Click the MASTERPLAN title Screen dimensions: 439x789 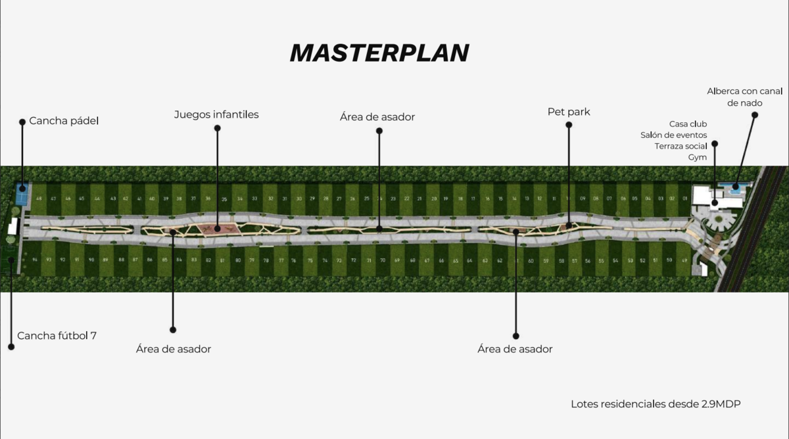379,53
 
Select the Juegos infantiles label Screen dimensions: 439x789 216,114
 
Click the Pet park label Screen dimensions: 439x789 569,112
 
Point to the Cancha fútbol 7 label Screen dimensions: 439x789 57,335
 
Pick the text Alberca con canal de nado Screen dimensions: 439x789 745,97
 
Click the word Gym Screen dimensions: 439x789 698,157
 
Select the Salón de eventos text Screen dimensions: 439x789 674,135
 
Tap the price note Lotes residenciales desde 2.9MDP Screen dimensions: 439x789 656,404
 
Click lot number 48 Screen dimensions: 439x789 39,198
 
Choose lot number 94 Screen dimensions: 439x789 35,260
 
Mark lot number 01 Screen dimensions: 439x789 684,198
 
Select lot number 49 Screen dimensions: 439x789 684,261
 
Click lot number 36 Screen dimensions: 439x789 208,198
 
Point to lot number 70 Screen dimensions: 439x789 383,261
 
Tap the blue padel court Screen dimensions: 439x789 21,195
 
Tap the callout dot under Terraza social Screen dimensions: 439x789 715,143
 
